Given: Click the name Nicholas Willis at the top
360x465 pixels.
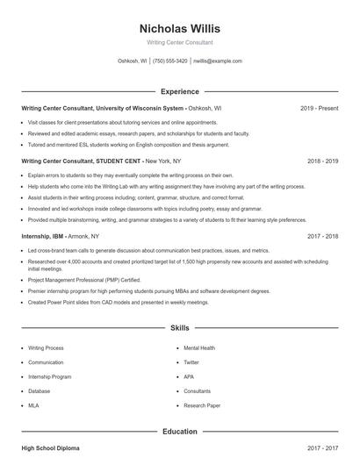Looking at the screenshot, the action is [x=179, y=28].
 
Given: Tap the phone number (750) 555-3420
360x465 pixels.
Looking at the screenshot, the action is [x=170, y=61].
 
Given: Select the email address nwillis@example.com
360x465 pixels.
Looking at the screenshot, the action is [x=218, y=61].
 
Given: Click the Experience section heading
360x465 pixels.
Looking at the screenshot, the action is [x=179, y=91].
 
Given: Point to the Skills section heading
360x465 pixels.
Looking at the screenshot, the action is [x=179, y=328].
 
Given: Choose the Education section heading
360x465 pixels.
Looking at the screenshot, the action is [x=179, y=432].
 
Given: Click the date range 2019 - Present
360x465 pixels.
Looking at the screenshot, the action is [x=319, y=108].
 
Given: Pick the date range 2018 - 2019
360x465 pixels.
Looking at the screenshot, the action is [x=323, y=161].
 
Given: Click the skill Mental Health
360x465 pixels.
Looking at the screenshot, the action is [x=199, y=347].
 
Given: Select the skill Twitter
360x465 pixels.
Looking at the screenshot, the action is [x=191, y=361].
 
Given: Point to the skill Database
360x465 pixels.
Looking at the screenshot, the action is [x=40, y=390].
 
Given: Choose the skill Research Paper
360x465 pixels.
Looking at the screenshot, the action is [x=201, y=405].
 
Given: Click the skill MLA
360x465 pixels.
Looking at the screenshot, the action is [x=34, y=405].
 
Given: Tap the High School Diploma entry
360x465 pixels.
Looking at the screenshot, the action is [x=50, y=448].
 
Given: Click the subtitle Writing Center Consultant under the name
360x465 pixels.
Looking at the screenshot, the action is [x=179, y=42].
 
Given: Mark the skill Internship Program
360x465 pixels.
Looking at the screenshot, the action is [x=49, y=376].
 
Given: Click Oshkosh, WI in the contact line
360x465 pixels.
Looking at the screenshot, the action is [x=132, y=61].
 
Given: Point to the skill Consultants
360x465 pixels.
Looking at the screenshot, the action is [x=198, y=390].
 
